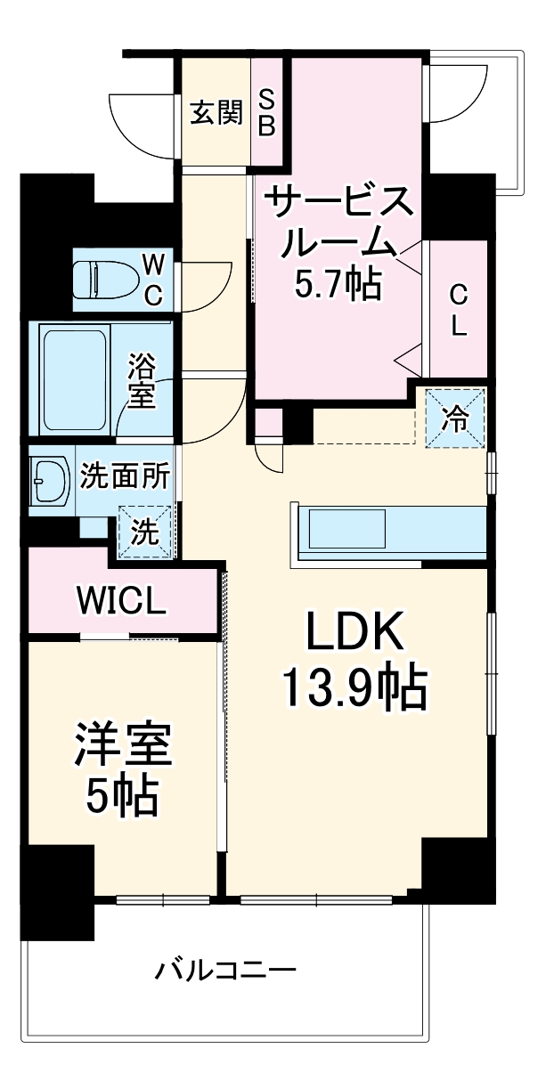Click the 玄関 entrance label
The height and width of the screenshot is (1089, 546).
click(x=216, y=113)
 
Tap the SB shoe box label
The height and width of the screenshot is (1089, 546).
click(x=266, y=113)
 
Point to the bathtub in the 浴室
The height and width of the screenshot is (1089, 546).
click(x=75, y=380)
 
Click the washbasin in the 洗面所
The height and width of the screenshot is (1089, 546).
click(x=49, y=481)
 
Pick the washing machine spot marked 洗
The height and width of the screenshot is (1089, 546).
click(x=145, y=532)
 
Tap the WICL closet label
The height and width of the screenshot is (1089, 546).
click(x=121, y=601)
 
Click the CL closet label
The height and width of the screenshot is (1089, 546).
click(x=459, y=310)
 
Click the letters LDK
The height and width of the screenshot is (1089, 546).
click(x=354, y=630)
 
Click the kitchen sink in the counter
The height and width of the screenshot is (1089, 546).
click(x=347, y=528)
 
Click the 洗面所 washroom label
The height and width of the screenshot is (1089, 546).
click(x=125, y=476)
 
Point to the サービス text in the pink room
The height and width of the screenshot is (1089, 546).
click(x=338, y=203)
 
